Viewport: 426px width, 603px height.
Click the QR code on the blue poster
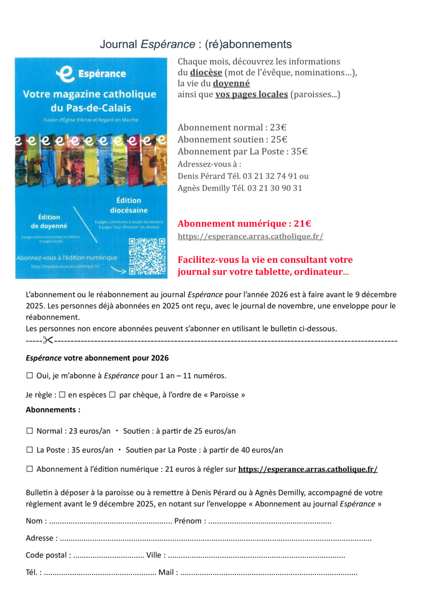point(147,256)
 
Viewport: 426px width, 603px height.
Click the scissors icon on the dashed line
point(48,340)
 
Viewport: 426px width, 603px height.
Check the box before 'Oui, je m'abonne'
point(29,375)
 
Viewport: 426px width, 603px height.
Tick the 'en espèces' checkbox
point(62,394)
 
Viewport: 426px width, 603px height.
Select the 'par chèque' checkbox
point(113,394)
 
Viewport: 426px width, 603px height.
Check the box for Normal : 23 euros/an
point(29,431)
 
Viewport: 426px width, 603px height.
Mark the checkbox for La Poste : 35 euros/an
point(29,450)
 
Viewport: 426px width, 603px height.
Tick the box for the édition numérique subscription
point(29,469)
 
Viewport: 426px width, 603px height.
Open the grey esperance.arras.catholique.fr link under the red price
point(250,236)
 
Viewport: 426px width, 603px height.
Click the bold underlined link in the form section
point(307,469)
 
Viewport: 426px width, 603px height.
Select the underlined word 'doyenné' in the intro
point(231,83)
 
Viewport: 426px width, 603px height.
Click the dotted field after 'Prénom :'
point(270,521)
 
